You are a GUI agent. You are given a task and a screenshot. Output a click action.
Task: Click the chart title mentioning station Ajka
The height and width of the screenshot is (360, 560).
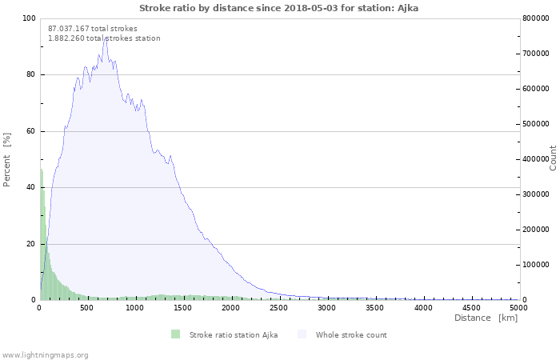point(278,8)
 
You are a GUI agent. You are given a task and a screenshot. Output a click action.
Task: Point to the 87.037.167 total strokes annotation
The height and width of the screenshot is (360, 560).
point(93,29)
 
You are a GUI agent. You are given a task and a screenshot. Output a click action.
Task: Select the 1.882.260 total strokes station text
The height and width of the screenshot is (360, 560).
point(104,38)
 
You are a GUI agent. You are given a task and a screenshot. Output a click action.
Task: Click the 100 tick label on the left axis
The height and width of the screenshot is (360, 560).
point(29,18)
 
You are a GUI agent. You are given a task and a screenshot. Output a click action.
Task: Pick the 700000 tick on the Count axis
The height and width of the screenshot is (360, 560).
point(536,54)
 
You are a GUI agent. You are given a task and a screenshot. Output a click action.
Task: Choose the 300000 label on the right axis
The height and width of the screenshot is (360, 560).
point(536,194)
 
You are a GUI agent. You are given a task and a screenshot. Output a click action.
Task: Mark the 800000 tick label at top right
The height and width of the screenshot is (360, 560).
point(536,18)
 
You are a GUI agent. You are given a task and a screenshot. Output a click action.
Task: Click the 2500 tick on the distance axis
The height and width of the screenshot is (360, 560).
point(278,308)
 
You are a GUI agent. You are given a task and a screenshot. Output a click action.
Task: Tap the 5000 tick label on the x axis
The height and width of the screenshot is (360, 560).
point(518,308)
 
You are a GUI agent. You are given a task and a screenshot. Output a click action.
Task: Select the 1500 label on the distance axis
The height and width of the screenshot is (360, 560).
point(183,308)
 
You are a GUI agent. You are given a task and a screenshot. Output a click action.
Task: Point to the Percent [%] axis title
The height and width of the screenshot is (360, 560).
point(6,160)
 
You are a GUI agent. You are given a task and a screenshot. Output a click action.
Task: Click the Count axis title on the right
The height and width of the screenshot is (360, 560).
point(553,158)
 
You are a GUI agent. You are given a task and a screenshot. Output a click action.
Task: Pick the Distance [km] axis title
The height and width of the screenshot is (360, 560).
point(486,318)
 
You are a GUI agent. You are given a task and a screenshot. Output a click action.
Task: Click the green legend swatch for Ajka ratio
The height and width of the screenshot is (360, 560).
point(175,334)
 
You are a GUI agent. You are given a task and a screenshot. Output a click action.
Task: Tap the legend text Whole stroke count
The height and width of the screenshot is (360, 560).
point(351,335)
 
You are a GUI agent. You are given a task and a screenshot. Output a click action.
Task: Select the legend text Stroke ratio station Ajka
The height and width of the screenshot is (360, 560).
point(234,335)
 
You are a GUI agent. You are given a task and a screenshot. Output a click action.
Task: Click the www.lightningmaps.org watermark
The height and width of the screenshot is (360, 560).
point(45,355)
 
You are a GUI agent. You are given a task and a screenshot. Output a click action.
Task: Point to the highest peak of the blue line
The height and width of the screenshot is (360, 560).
point(106,38)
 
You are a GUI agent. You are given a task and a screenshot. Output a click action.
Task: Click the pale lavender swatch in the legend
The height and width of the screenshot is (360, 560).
point(302,334)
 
